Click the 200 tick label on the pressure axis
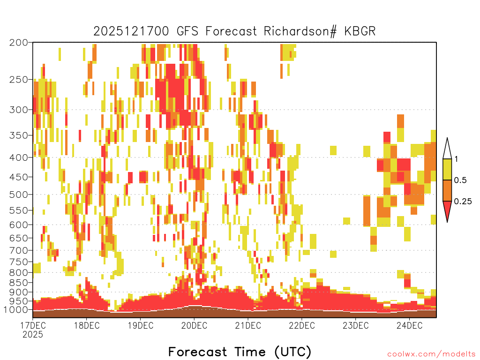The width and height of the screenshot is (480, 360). tap(18, 43)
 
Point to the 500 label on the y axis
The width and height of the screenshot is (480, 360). tap(18, 195)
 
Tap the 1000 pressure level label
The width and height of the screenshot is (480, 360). tap(15, 309)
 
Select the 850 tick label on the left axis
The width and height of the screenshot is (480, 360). tap(18, 283)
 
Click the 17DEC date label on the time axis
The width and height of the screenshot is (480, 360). tap(33, 325)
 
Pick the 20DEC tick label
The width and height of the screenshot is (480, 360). tap(194, 325)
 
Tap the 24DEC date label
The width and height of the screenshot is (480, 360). tap(410, 325)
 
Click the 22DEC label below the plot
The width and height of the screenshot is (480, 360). tap(302, 325)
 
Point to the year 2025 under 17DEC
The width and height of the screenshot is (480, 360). tap(33, 334)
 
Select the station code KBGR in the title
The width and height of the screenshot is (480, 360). tap(360, 31)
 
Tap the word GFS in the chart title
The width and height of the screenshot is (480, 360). tap(188, 31)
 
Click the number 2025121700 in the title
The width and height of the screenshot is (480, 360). tap(131, 31)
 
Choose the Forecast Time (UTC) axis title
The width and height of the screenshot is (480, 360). tap(240, 352)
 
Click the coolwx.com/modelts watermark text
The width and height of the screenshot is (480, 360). tap(431, 354)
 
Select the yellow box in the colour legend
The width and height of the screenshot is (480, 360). tap(447, 169)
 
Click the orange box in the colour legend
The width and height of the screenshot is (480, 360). tap(447, 190)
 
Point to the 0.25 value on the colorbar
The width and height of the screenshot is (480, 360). tap(463, 202)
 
